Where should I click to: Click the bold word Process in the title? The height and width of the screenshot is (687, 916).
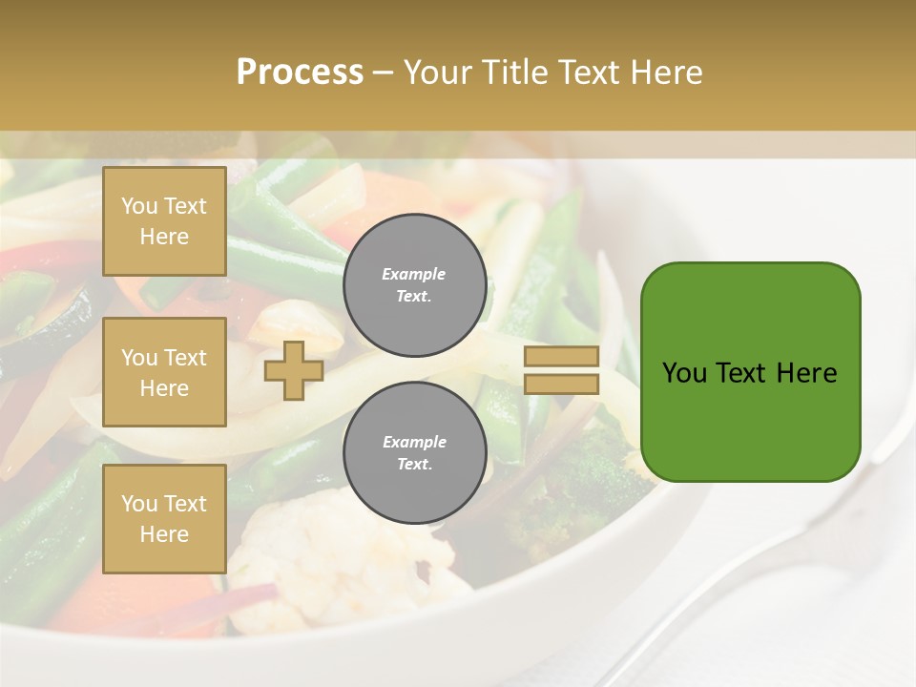pos(300,73)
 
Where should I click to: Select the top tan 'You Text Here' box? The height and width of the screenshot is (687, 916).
pos(164,221)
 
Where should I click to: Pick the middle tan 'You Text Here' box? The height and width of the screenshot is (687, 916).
pos(164,372)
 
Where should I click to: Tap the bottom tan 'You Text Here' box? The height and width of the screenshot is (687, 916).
pos(164,518)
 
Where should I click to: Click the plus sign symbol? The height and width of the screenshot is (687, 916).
pos(293,370)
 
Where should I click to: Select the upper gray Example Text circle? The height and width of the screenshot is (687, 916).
pos(414,285)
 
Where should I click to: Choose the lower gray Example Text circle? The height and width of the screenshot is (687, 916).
pos(414,452)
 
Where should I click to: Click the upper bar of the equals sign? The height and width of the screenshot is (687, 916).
pos(562,357)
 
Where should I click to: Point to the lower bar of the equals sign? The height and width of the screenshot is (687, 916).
pos(562,384)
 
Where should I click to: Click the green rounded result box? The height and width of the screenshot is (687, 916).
pos(750,371)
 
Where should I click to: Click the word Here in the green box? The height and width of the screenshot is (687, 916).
pos(806,373)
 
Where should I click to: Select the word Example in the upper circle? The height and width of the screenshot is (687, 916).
pos(414,275)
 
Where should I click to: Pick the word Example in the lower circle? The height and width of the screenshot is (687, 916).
pos(414,443)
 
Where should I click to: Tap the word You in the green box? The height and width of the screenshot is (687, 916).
pos(684,373)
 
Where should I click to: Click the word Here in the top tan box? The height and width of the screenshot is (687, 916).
pos(164,237)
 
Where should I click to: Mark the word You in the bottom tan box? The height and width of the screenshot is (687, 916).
pos(139,504)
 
